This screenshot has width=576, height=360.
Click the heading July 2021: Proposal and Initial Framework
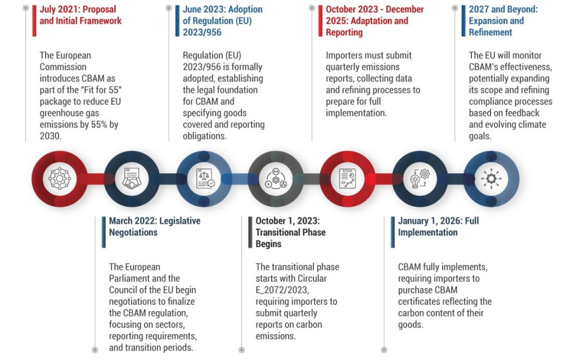pos(80,15)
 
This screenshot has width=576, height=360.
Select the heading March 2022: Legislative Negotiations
pos(154,227)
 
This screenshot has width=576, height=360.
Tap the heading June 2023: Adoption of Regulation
pos(222,21)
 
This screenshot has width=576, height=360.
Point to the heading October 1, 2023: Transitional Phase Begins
pos(290,232)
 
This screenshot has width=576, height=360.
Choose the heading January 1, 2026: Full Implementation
pos(438,227)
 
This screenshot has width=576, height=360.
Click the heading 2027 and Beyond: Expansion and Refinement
pos(503,21)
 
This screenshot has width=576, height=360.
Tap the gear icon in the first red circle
pos(60,179)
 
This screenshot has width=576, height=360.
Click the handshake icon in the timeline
pos(132,179)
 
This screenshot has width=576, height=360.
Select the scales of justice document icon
pos(204,179)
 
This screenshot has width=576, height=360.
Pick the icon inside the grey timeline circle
pos(276,179)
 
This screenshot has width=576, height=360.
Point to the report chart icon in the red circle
pos(347,179)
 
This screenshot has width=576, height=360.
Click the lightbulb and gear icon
pos(420,179)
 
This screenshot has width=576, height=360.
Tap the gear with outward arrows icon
pos(491,179)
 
